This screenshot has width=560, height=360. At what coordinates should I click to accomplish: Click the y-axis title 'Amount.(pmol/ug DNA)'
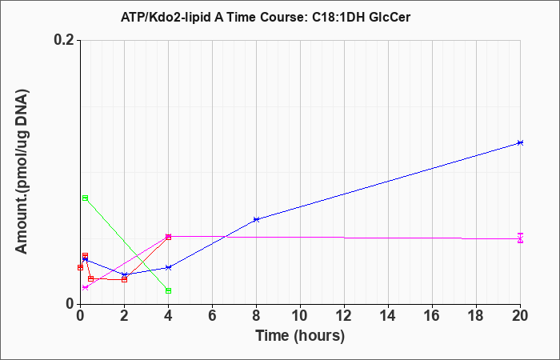(22, 172)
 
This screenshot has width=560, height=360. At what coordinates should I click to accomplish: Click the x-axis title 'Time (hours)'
(300, 336)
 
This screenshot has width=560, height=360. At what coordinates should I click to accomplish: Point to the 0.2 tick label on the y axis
(66, 40)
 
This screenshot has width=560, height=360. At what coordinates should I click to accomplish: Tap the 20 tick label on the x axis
(520, 316)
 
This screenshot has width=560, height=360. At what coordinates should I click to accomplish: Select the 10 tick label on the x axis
(300, 316)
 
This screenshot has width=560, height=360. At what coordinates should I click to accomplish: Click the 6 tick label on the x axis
(212, 316)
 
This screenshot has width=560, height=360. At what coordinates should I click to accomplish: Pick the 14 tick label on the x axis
(388, 316)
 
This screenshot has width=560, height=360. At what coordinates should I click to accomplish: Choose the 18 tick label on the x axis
(476, 316)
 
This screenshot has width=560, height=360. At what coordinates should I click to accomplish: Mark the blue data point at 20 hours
(520, 142)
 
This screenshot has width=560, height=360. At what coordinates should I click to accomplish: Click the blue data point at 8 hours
(256, 219)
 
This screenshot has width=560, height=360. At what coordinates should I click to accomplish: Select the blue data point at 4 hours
(168, 267)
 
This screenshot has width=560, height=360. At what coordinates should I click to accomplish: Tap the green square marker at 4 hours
(168, 290)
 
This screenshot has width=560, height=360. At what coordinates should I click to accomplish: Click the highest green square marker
(85, 198)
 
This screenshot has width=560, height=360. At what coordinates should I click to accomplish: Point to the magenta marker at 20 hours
(520, 238)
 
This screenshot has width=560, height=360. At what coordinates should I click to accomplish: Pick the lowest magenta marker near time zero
(85, 287)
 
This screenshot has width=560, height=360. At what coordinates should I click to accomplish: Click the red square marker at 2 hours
(124, 279)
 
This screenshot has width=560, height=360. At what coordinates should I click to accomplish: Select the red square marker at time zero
(80, 267)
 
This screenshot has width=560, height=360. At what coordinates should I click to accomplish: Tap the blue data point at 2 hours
(124, 274)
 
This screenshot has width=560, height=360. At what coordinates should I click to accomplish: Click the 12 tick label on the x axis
(344, 316)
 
